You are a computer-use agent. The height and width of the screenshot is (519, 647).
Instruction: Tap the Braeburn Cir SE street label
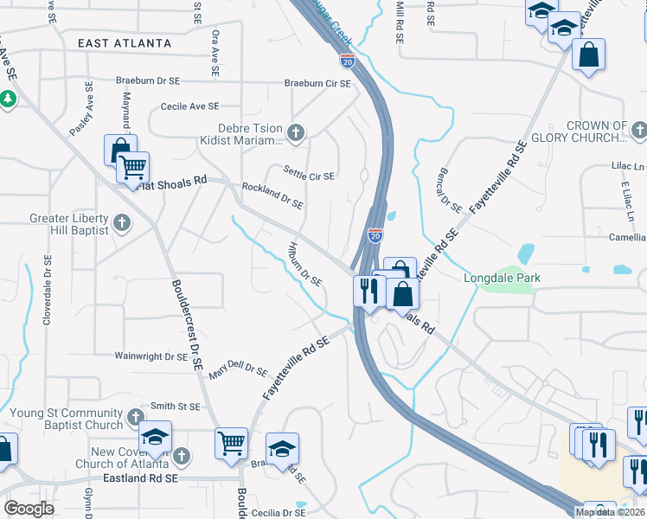[318, 84]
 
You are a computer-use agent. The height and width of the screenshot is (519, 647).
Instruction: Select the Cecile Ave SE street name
[189, 106]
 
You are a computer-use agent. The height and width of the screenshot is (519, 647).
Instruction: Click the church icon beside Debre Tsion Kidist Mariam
[297, 132]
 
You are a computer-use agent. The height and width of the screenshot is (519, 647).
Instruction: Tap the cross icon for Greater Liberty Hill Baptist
[122, 223]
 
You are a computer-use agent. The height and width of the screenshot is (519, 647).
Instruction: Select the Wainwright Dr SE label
[151, 356]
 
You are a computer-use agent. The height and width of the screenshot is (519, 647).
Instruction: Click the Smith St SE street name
[176, 406]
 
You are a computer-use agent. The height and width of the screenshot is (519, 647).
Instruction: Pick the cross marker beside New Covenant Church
[181, 456]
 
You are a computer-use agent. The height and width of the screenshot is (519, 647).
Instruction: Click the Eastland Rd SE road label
[140, 477]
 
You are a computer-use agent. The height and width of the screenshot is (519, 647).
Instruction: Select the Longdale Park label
[502, 278]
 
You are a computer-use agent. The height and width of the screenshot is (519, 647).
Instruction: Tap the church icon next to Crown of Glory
[638, 131]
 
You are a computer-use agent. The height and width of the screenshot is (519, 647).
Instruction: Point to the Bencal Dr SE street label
[451, 190]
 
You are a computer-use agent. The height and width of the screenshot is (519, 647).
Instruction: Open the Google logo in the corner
[29, 508]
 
